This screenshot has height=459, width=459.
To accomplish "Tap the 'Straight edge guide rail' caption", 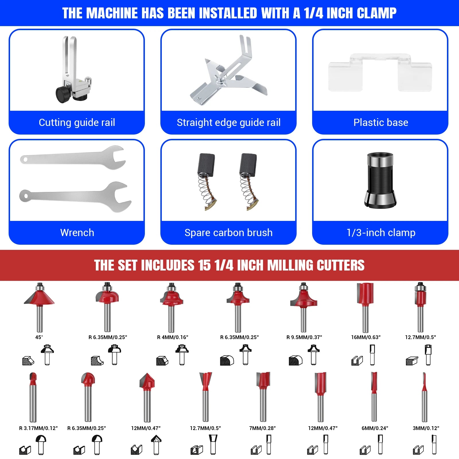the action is [x=229, y=122].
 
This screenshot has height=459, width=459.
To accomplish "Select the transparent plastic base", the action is [x=380, y=73].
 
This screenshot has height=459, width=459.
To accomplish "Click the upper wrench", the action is [x=73, y=157].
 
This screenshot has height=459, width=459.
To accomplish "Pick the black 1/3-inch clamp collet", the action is [x=380, y=180].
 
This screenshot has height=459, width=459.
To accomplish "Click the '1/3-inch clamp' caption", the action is [x=381, y=233].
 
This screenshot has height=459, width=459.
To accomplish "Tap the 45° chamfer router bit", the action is [x=39, y=307].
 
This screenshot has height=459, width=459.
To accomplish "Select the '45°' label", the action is [x=39, y=337].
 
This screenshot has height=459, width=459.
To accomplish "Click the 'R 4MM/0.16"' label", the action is [x=173, y=337].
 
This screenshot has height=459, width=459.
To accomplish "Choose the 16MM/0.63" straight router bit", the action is [x=365, y=308].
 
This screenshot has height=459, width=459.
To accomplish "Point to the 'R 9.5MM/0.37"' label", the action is [x=304, y=337].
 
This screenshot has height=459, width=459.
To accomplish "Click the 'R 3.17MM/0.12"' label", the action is [x=38, y=428].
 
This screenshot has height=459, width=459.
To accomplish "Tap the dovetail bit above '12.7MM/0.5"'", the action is [x=205, y=397].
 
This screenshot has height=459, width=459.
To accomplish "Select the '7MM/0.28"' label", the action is [x=262, y=428].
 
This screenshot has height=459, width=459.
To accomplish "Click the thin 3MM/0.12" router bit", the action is [x=424, y=397].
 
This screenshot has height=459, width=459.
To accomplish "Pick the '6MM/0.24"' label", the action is [x=375, y=428].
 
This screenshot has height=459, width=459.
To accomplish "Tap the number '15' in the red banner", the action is [x=204, y=265].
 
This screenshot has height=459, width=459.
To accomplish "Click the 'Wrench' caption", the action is [x=77, y=233].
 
